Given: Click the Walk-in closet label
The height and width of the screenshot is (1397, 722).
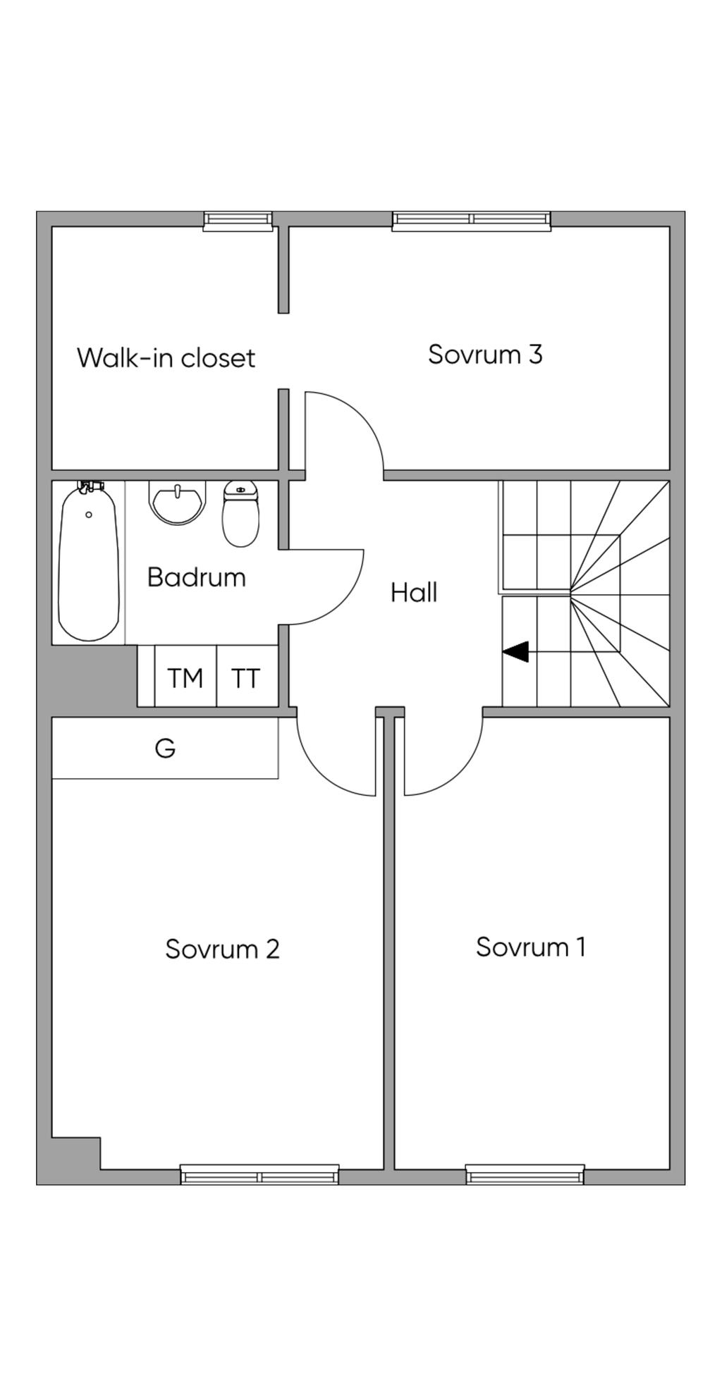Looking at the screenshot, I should pos(166,358).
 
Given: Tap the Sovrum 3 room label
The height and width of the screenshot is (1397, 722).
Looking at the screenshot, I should pos(485,354).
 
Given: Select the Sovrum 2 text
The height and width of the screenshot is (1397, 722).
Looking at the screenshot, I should pos(222,949).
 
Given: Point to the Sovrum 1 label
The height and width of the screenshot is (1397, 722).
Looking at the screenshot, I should pos(530,947).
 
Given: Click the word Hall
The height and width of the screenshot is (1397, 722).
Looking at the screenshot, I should pos(414,593).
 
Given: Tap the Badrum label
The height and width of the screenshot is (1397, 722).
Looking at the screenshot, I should pos(196,577).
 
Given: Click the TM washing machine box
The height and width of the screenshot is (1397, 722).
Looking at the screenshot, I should pos(185,678).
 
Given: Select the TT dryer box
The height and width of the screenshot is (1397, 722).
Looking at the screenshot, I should pos(246,678).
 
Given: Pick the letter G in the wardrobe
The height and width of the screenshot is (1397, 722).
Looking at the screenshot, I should pos(165,748).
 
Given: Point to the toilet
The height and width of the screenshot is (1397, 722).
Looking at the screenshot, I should pos(240,514).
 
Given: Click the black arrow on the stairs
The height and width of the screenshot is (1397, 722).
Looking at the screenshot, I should pos(516,652).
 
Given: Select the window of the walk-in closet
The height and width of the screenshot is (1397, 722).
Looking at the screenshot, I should pos(238,221).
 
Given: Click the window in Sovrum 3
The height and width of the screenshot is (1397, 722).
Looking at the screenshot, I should pos(471,221).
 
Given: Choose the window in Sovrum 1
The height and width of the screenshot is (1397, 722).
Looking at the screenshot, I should pos(525,1174).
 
